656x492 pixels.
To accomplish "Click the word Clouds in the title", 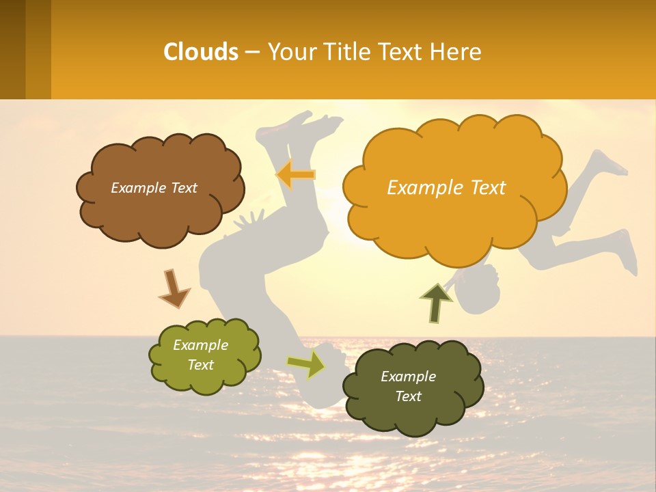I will pos(201,52).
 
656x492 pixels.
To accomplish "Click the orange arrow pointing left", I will pos(297,175).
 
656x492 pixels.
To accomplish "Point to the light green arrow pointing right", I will pos(306,364).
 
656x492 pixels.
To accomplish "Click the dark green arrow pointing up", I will pos(435,302).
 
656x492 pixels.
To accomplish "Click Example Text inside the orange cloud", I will pos(446,187).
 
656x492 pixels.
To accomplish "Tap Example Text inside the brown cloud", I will pos(154,188).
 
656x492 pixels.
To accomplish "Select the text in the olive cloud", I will pos(201,355).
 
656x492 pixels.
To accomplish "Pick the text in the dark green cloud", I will pos(408,386).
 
